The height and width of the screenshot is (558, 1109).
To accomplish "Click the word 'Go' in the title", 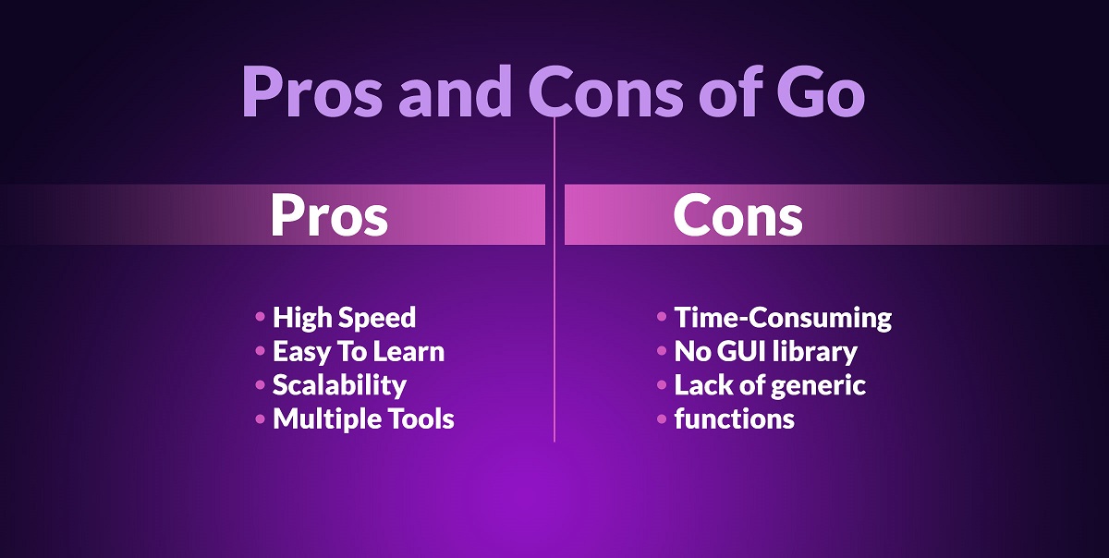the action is tap(820, 91).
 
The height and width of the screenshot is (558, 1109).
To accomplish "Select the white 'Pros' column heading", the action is tap(329, 215).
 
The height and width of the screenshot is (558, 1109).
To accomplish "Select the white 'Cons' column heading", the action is tap(737, 215).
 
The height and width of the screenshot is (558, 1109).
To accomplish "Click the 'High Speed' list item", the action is tap(344, 318).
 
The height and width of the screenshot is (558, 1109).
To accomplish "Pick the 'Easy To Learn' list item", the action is tap(359, 352).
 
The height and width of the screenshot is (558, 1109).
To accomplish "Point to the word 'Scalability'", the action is tap(340, 385).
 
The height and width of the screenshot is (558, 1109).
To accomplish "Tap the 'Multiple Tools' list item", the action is tap(363, 418).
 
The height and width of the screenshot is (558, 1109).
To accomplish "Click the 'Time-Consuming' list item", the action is tap(784, 318).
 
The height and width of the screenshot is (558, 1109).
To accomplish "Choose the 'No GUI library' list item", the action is tap(765, 352).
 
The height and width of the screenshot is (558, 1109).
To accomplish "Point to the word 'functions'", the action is tap(734, 418).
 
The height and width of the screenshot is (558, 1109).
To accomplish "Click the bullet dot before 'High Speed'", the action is tap(260, 316).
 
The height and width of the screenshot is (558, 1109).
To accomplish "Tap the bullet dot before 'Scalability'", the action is tap(260, 384).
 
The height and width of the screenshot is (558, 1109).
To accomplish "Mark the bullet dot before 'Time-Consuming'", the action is tap(662, 316).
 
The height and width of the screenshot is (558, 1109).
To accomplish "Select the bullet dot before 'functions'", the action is tap(662, 418).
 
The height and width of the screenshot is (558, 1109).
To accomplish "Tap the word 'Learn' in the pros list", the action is tap(408, 352).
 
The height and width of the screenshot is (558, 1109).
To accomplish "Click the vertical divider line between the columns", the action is tap(554, 280).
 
